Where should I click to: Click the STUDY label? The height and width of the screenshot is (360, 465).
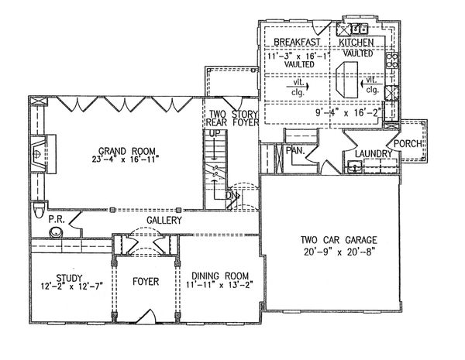(x=69, y=275)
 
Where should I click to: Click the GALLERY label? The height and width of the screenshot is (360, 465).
(x=163, y=221)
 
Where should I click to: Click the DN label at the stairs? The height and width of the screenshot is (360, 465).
(x=231, y=196)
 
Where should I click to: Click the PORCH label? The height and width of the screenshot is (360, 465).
(x=407, y=143)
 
